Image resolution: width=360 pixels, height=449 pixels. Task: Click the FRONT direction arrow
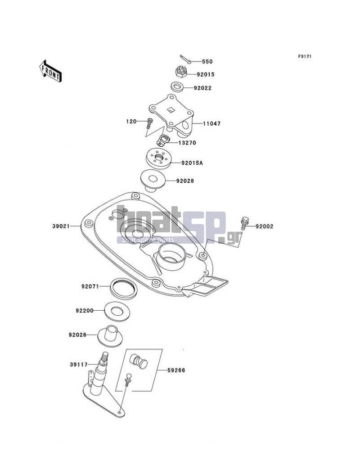50,72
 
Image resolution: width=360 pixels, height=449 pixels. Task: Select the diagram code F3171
305,56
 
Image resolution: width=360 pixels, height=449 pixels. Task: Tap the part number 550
207,62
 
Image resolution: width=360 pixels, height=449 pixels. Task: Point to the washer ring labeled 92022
177,87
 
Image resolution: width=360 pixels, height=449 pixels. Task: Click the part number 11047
212,124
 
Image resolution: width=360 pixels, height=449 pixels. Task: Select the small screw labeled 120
149,123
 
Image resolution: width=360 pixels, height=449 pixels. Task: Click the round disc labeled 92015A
159,158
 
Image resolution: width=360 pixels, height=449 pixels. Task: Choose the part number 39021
61,226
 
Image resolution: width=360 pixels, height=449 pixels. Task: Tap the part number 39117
79,364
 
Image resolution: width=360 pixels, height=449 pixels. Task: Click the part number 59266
176,370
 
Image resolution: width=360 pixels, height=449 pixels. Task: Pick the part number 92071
90,286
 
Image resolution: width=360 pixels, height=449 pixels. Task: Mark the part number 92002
265,227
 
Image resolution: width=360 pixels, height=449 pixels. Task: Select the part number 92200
85,311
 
